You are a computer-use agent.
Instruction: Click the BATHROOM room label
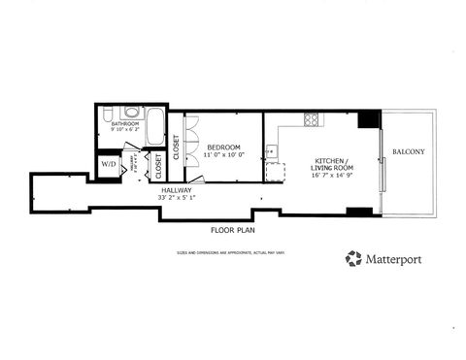125,124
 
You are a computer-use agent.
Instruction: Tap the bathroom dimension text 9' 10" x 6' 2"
125,130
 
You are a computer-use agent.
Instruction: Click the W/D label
108,164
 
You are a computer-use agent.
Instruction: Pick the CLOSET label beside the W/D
157,167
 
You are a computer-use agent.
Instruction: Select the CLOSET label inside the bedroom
176,147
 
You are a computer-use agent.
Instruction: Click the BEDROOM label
223,147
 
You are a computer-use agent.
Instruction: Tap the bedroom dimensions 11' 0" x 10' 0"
223,155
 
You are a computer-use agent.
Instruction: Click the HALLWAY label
177,190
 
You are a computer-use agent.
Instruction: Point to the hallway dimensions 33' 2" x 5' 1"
177,198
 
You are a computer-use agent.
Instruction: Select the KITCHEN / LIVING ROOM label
330,166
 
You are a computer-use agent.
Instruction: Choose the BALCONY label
407,151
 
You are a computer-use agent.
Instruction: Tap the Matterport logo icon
353,258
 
